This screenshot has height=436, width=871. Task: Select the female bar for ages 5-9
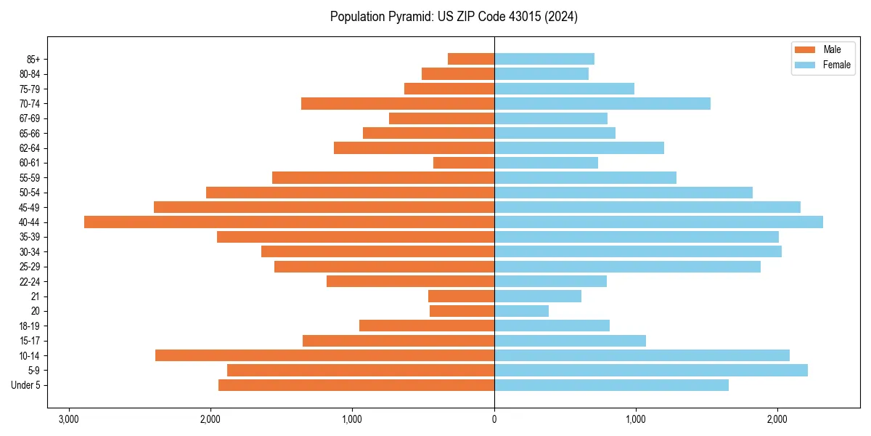[x=650, y=371]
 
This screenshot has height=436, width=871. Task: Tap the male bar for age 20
[x=462, y=311]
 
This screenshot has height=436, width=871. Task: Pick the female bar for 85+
[x=544, y=59]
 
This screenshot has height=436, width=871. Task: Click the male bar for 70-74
[x=397, y=104]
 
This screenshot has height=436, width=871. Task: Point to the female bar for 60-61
[x=546, y=163]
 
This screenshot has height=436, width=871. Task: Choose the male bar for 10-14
[x=324, y=355]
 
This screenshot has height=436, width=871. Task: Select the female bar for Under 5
[x=611, y=385]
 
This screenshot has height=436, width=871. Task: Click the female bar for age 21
[x=537, y=296]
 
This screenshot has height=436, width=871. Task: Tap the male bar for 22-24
[x=410, y=281]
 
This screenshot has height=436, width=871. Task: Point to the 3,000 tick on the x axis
[x=69, y=419]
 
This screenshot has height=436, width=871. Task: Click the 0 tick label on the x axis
[x=494, y=419]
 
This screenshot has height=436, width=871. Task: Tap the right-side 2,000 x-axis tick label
[x=777, y=419]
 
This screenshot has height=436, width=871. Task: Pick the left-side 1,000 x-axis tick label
[x=352, y=419]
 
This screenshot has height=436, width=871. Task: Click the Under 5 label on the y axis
[x=25, y=385]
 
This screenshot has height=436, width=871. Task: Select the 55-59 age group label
[x=29, y=178]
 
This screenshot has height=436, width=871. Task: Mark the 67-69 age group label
[x=29, y=118]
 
